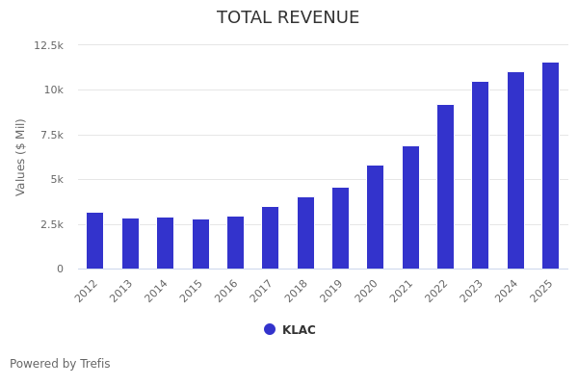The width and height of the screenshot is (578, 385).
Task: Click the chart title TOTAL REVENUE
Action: pyautogui.click(x=288, y=18)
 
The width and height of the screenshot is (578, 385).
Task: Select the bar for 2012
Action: pyautogui.click(x=95, y=241)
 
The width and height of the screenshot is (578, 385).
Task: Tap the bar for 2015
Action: pyautogui.click(x=200, y=244)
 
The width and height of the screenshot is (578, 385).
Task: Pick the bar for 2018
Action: pyautogui.click(x=305, y=233)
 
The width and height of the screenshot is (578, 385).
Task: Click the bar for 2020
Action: pyautogui.click(x=375, y=218)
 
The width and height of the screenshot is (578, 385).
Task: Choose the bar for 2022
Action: pyautogui.click(x=445, y=187)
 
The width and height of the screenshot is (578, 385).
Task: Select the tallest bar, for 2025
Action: pyautogui.click(x=550, y=166)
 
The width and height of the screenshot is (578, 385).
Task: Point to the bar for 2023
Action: pyautogui.click(x=480, y=175)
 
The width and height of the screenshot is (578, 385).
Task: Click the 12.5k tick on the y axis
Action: pyautogui.click(x=49, y=45)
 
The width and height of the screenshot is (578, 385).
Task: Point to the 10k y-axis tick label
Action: pyautogui.click(x=53, y=90)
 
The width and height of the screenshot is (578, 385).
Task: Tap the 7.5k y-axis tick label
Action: pyautogui.click(x=51, y=135)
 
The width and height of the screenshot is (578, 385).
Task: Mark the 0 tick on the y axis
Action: pyautogui.click(x=60, y=269)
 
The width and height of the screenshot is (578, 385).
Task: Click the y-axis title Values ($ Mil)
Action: pyautogui.click(x=21, y=157)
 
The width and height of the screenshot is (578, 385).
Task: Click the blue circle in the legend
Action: pyautogui.click(x=270, y=329)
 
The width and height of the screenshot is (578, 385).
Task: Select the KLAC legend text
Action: pyautogui.click(x=299, y=330)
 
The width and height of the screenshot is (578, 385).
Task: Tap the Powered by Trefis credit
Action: pyautogui.click(x=60, y=364)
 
